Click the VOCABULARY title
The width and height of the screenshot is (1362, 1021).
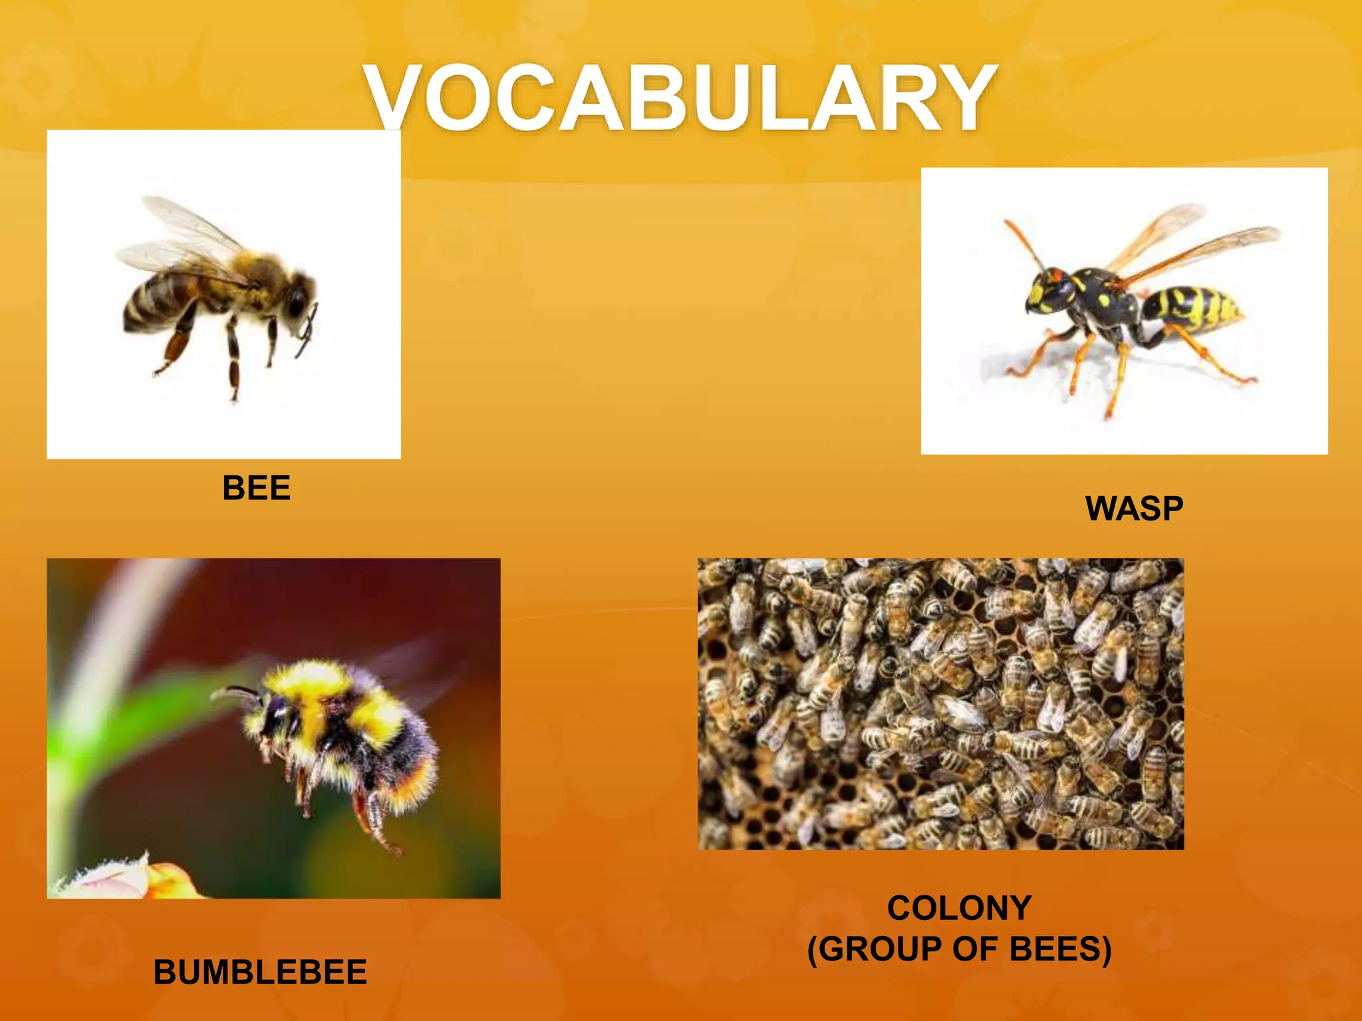pos(681,98)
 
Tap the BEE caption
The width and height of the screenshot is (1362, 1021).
pos(256,488)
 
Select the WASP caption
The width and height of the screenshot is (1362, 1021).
pos(1134,509)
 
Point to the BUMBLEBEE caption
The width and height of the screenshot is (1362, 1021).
pos(260,972)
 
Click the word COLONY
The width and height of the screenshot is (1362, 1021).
pos(959,908)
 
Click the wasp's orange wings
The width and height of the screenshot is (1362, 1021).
pos(1190,246)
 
